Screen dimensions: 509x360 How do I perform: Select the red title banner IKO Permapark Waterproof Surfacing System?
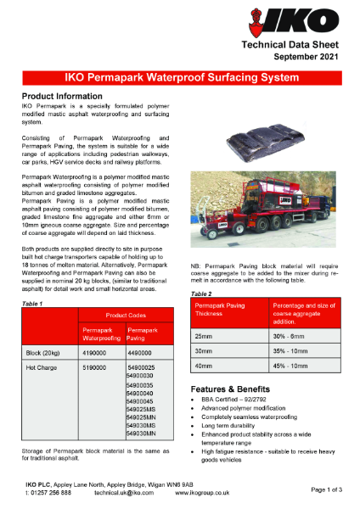[x=180, y=78]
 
